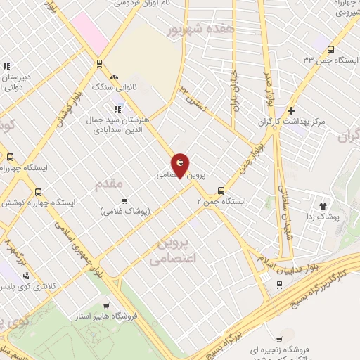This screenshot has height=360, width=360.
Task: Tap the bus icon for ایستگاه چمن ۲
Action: coord(221,190)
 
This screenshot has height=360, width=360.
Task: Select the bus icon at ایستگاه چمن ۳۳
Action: coord(331,49)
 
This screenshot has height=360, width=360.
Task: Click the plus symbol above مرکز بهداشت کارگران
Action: coord(291,110)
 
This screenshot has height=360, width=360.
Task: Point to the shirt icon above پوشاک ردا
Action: coord(323,206)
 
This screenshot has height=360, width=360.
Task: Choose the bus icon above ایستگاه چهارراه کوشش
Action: coord(38,191)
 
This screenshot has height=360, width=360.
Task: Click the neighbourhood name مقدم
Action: coord(109,184)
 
